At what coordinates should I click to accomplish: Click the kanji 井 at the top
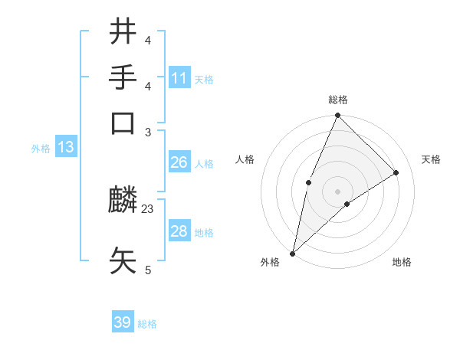click(x=123, y=34)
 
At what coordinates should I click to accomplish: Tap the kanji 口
click(x=123, y=123)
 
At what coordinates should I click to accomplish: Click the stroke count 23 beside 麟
click(x=148, y=208)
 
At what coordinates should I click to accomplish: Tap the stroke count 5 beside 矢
click(x=148, y=270)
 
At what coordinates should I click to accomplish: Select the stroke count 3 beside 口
click(x=148, y=132)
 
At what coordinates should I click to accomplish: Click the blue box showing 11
click(x=179, y=78)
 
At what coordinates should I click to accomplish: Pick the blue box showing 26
click(x=179, y=162)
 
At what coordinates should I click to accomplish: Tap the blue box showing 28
click(x=179, y=231)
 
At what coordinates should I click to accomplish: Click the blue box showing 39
click(x=123, y=322)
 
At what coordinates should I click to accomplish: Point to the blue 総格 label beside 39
click(x=147, y=324)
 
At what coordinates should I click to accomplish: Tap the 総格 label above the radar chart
click(x=337, y=100)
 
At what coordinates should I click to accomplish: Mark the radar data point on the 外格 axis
click(x=293, y=253)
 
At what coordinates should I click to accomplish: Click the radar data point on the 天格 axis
click(x=396, y=172)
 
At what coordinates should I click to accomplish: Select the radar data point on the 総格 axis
click(x=337, y=116)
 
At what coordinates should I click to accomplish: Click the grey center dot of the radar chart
click(x=337, y=191)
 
